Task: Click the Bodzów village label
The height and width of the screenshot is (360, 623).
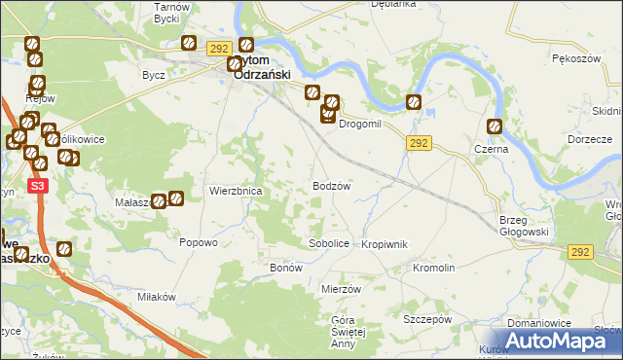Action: pos(331,185)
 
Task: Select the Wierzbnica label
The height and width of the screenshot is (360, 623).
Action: pos(236,192)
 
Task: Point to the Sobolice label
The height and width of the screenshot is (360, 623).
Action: pos(328,243)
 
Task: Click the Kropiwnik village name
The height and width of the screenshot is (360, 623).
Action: pos(384,243)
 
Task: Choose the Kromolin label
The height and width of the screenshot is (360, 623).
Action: pos(434,267)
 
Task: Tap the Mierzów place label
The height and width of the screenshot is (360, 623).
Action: pos(341,289)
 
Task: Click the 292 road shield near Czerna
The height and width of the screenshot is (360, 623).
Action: pos(419,143)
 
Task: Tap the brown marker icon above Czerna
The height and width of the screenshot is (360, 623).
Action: pos(495,126)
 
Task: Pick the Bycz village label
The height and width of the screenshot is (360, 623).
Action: pos(153,75)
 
